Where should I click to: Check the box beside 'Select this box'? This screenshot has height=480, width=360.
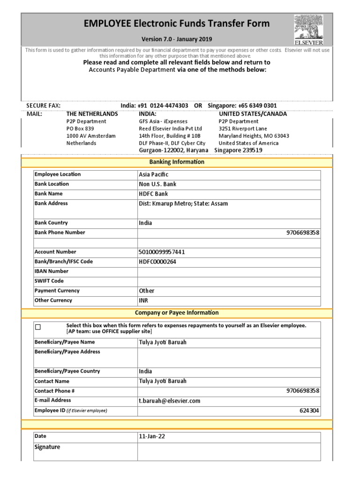click(x=38, y=327)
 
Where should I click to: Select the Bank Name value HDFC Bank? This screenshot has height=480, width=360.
click(x=153, y=194)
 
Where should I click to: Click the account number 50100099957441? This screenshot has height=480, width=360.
click(x=162, y=252)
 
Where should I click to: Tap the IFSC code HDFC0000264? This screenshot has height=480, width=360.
click(x=157, y=262)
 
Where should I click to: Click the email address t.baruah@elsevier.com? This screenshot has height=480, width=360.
click(x=169, y=401)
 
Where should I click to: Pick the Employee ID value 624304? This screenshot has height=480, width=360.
click(x=309, y=411)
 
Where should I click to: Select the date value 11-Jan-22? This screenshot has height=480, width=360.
click(x=152, y=436)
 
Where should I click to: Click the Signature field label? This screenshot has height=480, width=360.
click(x=47, y=447)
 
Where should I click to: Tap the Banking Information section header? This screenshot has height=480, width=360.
click(x=177, y=162)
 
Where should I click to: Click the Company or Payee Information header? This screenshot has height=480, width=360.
click(x=177, y=313)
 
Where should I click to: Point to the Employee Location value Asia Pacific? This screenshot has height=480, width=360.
click(x=153, y=174)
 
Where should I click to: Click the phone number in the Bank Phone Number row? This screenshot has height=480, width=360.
click(x=303, y=233)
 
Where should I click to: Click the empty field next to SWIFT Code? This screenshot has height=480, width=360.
click(x=229, y=281)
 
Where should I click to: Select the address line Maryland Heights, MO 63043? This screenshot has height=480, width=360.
click(x=254, y=136)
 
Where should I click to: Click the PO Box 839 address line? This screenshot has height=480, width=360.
click(x=80, y=128)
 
